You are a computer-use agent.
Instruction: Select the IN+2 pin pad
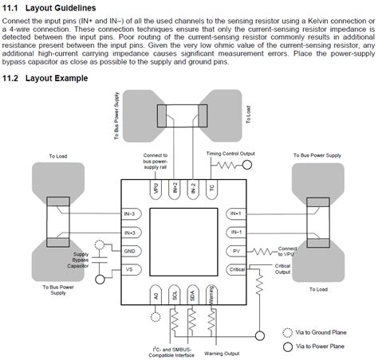[x=175, y=189]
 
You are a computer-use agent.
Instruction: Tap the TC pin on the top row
[x=211, y=189]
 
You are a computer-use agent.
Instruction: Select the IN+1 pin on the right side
[x=235, y=213]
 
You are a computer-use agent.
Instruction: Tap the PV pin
[x=235, y=251]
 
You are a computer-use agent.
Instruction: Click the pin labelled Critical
[x=236, y=269]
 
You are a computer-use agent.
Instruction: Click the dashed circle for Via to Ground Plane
[x=287, y=334]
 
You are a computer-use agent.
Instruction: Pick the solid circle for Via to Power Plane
[x=287, y=347]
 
